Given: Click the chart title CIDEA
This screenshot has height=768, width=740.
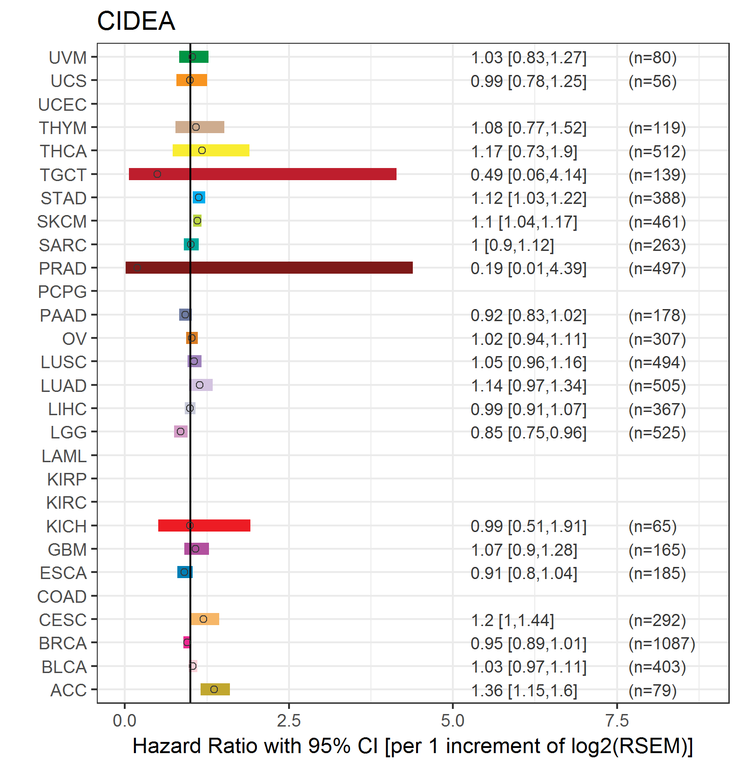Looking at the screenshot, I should (136, 21).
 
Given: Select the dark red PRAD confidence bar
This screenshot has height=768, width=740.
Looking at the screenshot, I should (269, 268).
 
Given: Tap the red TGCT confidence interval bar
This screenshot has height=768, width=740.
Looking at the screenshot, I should (262, 174).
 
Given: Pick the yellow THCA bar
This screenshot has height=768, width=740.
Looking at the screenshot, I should (211, 150).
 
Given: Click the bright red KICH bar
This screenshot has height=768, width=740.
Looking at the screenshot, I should (204, 525).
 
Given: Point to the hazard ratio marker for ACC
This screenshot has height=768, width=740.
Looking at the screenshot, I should (214, 689).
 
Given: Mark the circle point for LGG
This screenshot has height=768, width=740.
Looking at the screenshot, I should (181, 431).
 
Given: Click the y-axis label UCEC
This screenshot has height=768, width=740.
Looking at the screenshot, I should (62, 105).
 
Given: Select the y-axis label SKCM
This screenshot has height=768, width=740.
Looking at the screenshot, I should (62, 222).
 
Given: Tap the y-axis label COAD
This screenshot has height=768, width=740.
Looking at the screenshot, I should (62, 597).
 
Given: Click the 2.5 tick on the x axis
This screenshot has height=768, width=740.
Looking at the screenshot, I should (289, 721).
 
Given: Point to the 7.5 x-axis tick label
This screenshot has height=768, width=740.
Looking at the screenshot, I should (617, 721).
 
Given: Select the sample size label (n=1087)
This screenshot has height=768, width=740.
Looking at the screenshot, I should (661, 644).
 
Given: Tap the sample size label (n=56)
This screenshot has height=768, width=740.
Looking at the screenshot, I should (653, 81).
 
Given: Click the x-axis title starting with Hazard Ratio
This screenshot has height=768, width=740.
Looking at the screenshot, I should (412, 746).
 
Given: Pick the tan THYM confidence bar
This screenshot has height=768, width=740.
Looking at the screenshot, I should (200, 127).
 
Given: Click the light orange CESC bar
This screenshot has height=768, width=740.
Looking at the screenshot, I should (205, 619).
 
